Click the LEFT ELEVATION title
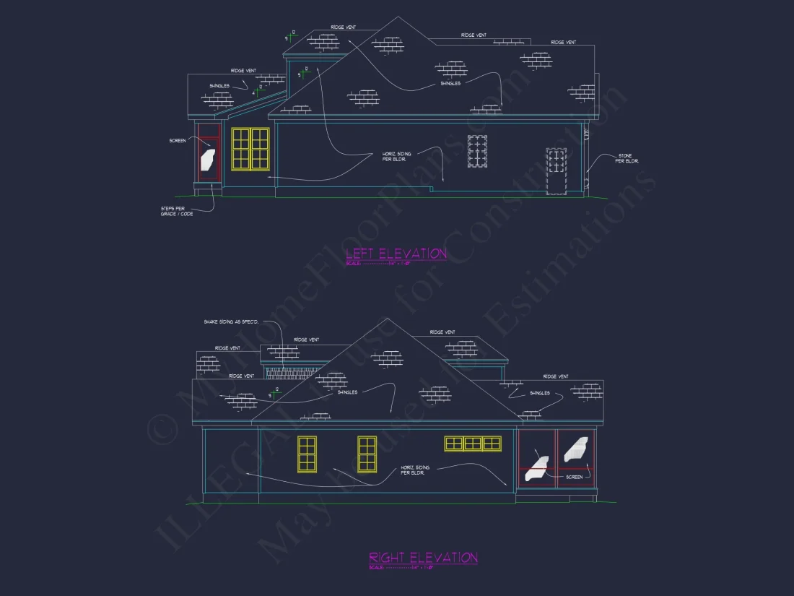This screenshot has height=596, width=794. coord(396,254)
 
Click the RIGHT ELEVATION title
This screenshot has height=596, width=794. coord(423,557)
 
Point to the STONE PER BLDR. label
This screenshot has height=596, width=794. coord(625,157)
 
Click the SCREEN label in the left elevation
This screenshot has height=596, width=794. coord(178,141)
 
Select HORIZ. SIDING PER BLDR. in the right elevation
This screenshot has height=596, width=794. coord(416,470)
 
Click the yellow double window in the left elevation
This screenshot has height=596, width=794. coord(250,149)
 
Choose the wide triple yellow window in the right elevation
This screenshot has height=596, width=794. coord(473,443)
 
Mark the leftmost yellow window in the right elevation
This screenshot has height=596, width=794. coord(307,454)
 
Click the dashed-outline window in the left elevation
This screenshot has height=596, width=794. coord(478,152)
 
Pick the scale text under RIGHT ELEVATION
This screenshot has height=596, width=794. coord(401,567)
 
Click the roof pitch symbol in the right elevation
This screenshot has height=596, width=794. coord(274,394)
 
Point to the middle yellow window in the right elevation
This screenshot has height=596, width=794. coord(367,454)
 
